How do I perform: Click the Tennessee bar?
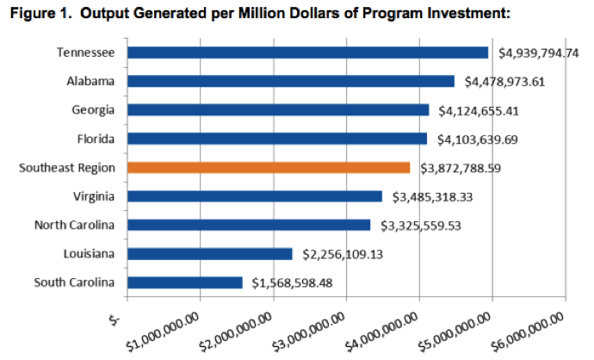(x=307, y=53)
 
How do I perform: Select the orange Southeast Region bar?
(x=269, y=167)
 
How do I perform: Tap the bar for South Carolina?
(x=184, y=282)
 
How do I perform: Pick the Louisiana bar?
(x=209, y=253)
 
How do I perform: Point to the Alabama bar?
(x=290, y=81)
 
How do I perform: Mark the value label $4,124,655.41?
(x=476, y=110)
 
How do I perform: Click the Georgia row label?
(x=95, y=110)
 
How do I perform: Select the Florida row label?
(x=96, y=139)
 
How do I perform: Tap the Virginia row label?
(x=95, y=196)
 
